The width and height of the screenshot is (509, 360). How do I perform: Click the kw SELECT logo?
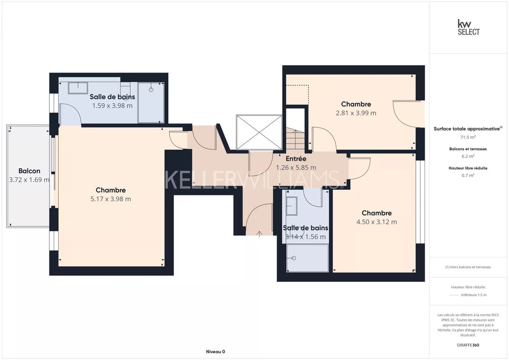click(468, 27)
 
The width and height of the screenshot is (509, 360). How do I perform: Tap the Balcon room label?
click(29, 171)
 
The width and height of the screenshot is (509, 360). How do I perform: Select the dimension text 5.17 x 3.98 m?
click(111, 199)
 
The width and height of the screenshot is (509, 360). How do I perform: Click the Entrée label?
click(296, 159)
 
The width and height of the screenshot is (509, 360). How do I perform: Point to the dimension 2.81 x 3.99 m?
click(356, 113)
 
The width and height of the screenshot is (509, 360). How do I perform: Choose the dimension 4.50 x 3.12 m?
click(377, 222)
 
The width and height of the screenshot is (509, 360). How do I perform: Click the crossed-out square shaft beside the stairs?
click(259, 132)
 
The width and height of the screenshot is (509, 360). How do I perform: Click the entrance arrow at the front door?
click(259, 233)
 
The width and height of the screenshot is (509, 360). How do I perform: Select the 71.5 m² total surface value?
click(468, 137)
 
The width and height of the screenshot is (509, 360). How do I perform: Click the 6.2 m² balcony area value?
click(468, 156)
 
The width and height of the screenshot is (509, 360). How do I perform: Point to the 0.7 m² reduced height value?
click(468, 175)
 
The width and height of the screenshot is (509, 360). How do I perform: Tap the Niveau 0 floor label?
click(216, 352)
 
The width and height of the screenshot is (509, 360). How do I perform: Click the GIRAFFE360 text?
click(468, 345)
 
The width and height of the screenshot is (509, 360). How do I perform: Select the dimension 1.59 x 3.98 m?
click(112, 105)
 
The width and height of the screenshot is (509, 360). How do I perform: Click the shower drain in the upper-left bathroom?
click(151, 89)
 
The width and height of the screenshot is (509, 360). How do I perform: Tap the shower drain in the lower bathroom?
click(294, 258)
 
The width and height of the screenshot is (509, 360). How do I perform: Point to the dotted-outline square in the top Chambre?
click(297, 95)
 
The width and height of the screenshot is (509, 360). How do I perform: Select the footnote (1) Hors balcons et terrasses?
click(468, 267)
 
